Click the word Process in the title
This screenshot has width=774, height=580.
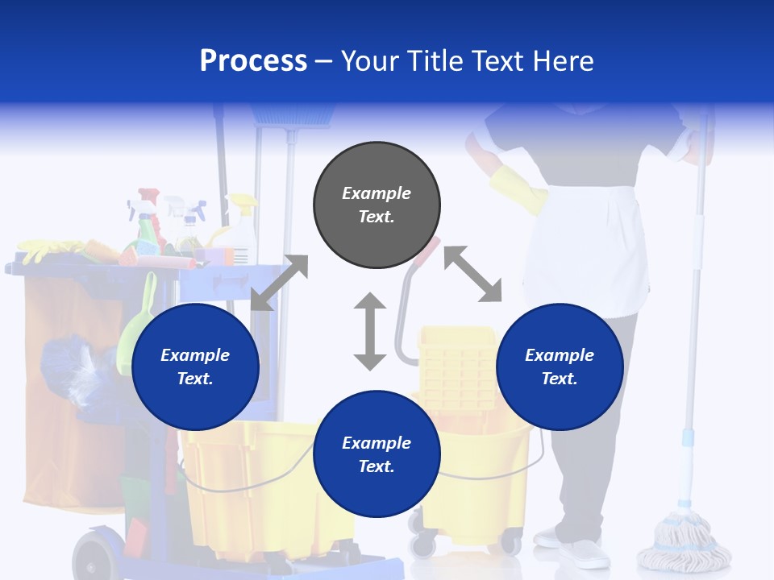pyautogui.click(x=253, y=61)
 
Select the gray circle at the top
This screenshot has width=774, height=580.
pyautogui.click(x=377, y=205)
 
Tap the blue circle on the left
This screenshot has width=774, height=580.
pyautogui.click(x=195, y=367)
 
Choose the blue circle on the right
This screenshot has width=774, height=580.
pyautogui.click(x=560, y=367)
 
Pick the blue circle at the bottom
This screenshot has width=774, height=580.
pyautogui.click(x=377, y=454)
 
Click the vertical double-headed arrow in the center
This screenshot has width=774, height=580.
pyautogui.click(x=370, y=332)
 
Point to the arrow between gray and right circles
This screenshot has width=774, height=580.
pyautogui.click(x=472, y=275)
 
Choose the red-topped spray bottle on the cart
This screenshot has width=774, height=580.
pyautogui.click(x=149, y=217)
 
